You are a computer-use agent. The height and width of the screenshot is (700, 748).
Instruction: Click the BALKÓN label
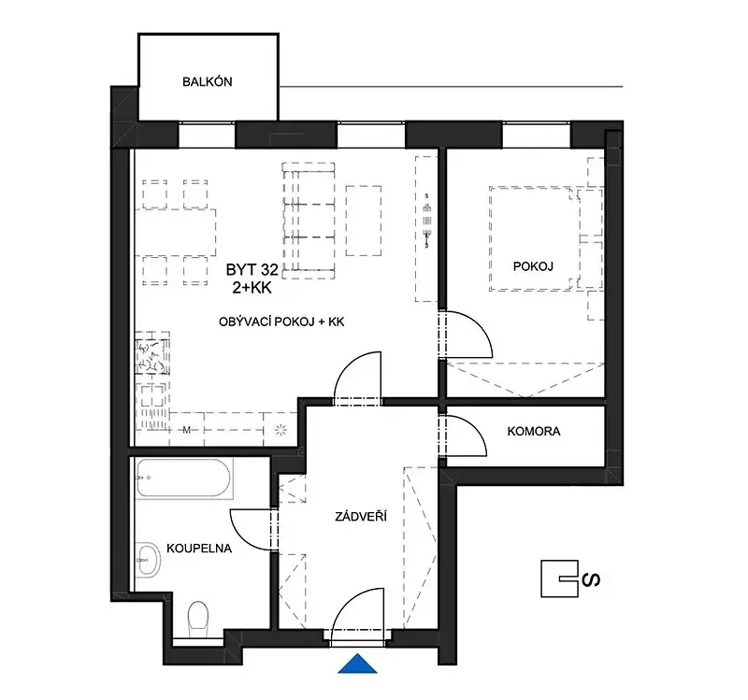click(x=207, y=81)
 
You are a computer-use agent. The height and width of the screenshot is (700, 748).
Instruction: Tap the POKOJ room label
click(x=533, y=266)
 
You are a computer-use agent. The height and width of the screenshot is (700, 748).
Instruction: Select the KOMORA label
click(x=533, y=431)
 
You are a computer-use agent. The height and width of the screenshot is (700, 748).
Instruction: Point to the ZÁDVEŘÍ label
click(x=361, y=516)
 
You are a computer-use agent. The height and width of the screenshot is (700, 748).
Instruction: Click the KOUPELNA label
click(x=199, y=549)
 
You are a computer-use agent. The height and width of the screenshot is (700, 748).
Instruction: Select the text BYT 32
click(x=252, y=270)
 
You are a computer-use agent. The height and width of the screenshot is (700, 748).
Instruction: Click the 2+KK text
click(x=252, y=288)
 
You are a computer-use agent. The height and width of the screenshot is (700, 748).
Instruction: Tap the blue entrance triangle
click(x=357, y=664)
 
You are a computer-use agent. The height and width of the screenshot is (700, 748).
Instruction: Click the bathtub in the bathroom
click(x=184, y=479)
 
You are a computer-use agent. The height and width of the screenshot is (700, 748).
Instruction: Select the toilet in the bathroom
click(x=198, y=619)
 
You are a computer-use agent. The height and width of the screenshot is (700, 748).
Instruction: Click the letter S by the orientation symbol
click(x=592, y=579)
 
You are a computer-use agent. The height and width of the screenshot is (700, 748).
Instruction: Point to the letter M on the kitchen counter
click(x=186, y=430)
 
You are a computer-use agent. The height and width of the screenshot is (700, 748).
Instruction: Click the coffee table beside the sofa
click(x=364, y=221)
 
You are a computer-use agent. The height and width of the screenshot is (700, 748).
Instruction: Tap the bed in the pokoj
click(x=533, y=238)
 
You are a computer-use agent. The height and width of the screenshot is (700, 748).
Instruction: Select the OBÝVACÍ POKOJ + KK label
click(x=281, y=321)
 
